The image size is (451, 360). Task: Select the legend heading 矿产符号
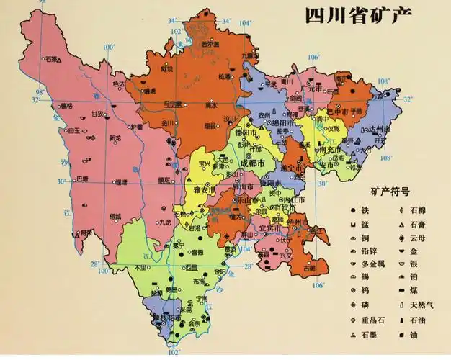click(390, 192)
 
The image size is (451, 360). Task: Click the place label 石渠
click(50, 58)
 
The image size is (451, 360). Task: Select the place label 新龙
click(114, 138)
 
